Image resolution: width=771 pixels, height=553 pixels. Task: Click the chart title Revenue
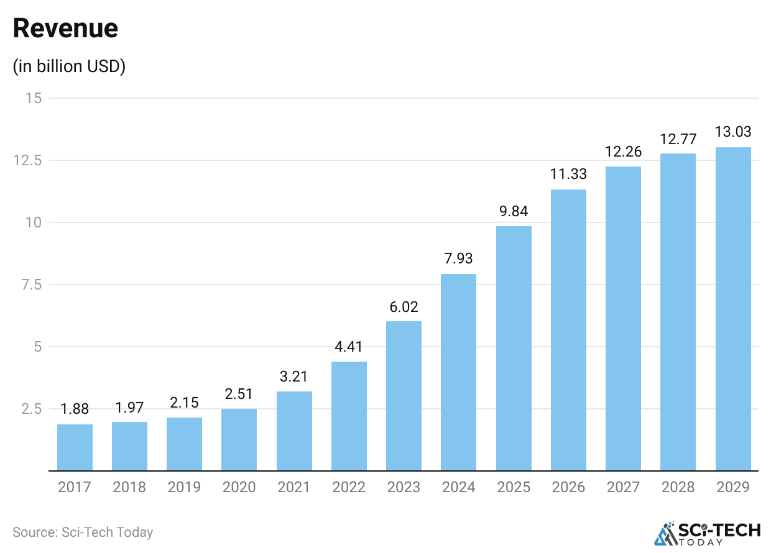(x=65, y=29)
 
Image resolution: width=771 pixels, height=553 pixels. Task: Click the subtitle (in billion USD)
(x=69, y=66)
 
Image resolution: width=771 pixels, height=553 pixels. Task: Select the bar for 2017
(x=75, y=447)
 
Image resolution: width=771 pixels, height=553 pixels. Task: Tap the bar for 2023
(x=404, y=396)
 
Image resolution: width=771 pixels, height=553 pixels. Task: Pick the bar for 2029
(x=733, y=309)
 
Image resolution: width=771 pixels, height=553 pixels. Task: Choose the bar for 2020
(x=239, y=439)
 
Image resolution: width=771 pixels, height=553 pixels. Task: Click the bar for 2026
(x=568, y=330)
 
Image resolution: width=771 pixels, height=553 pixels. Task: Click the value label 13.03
(x=733, y=132)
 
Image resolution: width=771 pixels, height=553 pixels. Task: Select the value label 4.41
(x=348, y=347)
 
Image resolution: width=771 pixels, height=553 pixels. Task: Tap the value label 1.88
(x=75, y=409)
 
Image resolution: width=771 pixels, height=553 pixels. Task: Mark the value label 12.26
(x=623, y=152)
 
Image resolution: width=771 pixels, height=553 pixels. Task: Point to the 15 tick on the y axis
(x=34, y=98)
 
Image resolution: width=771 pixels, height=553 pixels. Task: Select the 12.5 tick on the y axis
(x=30, y=160)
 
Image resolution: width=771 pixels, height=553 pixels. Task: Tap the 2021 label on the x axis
(x=293, y=487)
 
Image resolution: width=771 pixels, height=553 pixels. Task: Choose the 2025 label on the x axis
(x=514, y=487)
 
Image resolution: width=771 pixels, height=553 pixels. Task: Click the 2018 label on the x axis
(x=129, y=487)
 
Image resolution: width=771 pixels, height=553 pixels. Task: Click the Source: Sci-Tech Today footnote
(x=83, y=532)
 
